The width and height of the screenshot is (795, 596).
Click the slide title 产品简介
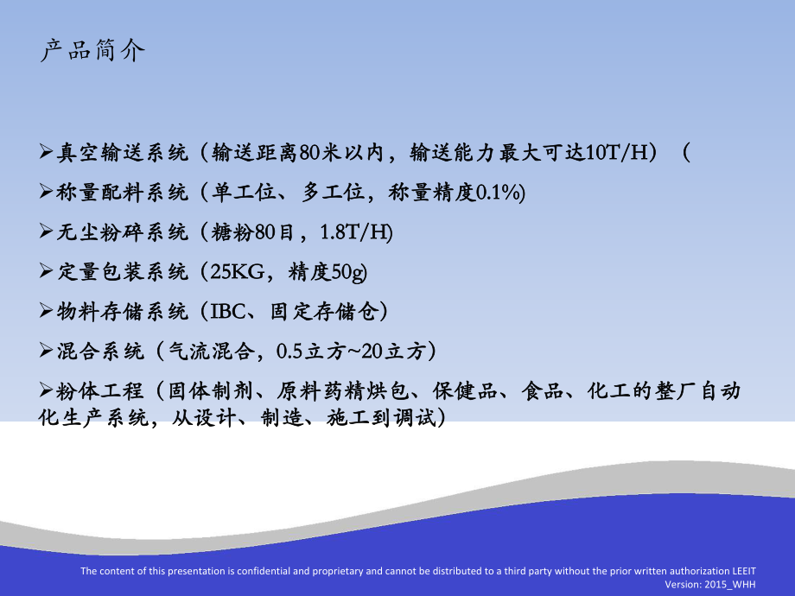[93, 51]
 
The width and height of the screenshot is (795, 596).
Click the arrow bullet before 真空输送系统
[48, 153]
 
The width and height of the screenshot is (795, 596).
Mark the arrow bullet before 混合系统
[48, 350]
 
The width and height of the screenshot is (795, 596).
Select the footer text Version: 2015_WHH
[713, 584]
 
